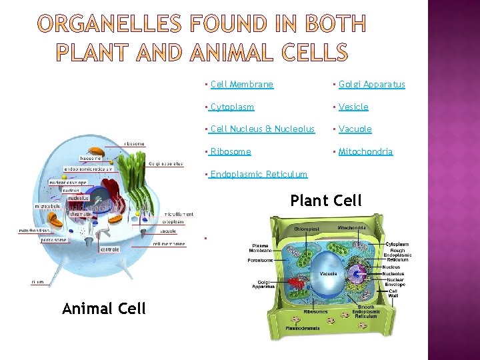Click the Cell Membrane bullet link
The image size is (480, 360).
point(241,85)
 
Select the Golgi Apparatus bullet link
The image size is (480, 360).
point(371,85)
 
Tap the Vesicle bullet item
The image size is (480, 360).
point(353,107)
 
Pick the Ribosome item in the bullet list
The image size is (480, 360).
point(230,152)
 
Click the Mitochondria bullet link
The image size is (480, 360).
point(365,152)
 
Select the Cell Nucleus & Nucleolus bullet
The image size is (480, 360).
point(262,129)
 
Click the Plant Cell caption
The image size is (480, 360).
point(326,201)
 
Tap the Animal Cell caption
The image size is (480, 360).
point(103,308)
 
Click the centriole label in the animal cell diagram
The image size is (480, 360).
point(109,249)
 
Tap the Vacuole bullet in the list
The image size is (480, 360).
point(355,129)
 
